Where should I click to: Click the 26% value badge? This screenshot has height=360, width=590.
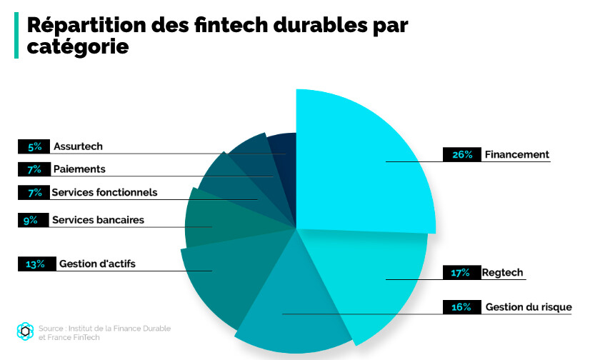point(462,154)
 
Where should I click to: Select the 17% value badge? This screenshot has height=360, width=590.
point(460,273)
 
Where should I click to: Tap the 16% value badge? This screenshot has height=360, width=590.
point(461,307)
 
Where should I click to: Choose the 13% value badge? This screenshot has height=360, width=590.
point(35,264)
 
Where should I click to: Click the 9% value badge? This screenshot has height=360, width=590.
point(30,220)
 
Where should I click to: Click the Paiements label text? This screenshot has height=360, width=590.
point(79,169)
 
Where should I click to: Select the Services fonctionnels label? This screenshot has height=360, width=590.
point(104,192)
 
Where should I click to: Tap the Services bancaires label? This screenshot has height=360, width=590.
point(98,220)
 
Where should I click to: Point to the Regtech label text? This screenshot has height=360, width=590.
point(503,273)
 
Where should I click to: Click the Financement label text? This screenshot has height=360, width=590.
point(516,154)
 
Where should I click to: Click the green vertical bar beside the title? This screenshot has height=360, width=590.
point(16,35)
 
